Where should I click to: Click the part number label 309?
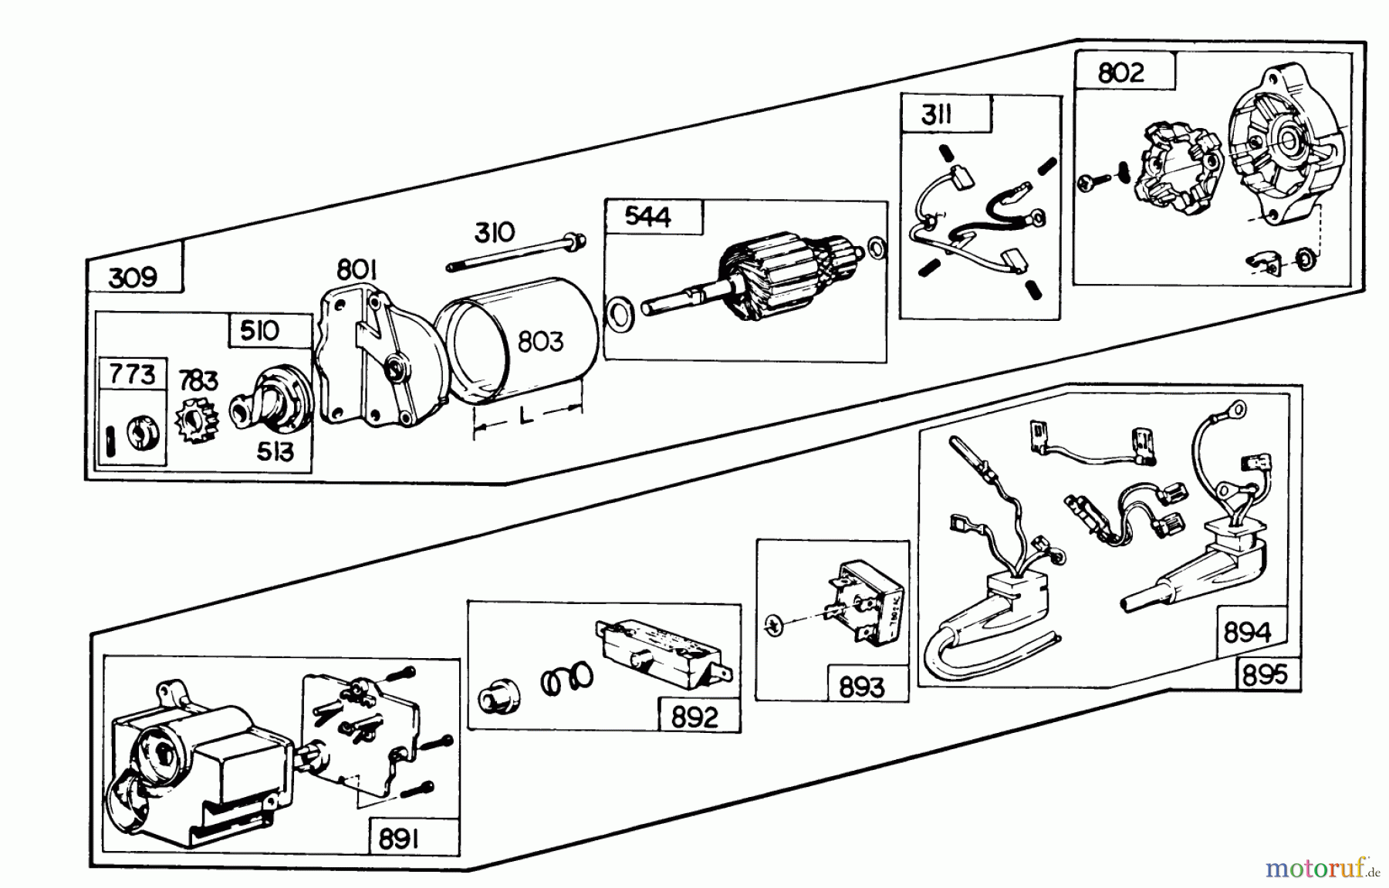pyautogui.click(x=133, y=277)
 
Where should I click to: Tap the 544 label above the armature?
pyautogui.click(x=648, y=218)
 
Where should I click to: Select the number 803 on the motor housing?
pyautogui.click(x=539, y=341)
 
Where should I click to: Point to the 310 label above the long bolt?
pyautogui.click(x=494, y=232)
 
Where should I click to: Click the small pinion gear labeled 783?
pyautogui.click(x=198, y=421)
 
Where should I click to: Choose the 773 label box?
pyautogui.click(x=132, y=375)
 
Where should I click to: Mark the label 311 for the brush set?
pyautogui.click(x=936, y=116)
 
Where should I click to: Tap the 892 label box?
pyautogui.click(x=694, y=717)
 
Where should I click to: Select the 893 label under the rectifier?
pyautogui.click(x=862, y=687)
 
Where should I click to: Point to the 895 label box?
pyautogui.click(x=1266, y=675)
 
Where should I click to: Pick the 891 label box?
pyautogui.click(x=398, y=838)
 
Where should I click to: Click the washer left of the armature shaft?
pyautogui.click(x=618, y=313)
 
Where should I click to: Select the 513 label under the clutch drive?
pyautogui.click(x=275, y=451)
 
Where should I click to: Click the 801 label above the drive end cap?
pyautogui.click(x=356, y=270)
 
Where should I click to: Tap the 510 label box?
pyautogui.click(x=259, y=331)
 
